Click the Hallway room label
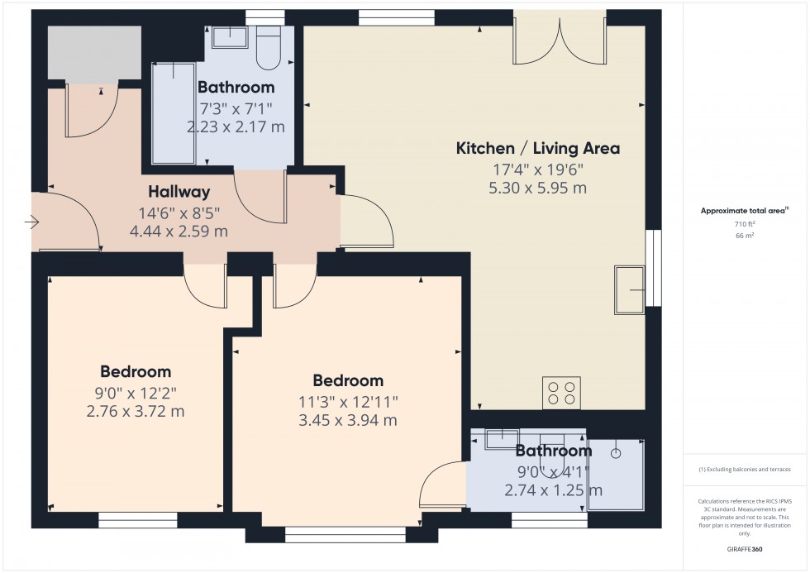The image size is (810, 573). point(174,192)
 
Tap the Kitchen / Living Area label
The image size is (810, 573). point(538,149)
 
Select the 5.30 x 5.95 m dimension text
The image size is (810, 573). point(538,188)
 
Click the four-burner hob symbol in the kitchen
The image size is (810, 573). point(561,392)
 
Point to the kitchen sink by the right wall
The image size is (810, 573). point(631,290)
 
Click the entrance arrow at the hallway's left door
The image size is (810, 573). point(32,222)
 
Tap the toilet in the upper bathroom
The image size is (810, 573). point(269,48)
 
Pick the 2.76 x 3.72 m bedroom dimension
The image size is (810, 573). point(136,411)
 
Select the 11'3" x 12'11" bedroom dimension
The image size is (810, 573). point(347,401)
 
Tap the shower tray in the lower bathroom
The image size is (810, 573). point(616,475)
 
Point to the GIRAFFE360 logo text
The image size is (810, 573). point(745,548)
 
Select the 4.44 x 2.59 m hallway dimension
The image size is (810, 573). point(179,232)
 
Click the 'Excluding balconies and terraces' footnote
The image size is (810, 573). point(745,469)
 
